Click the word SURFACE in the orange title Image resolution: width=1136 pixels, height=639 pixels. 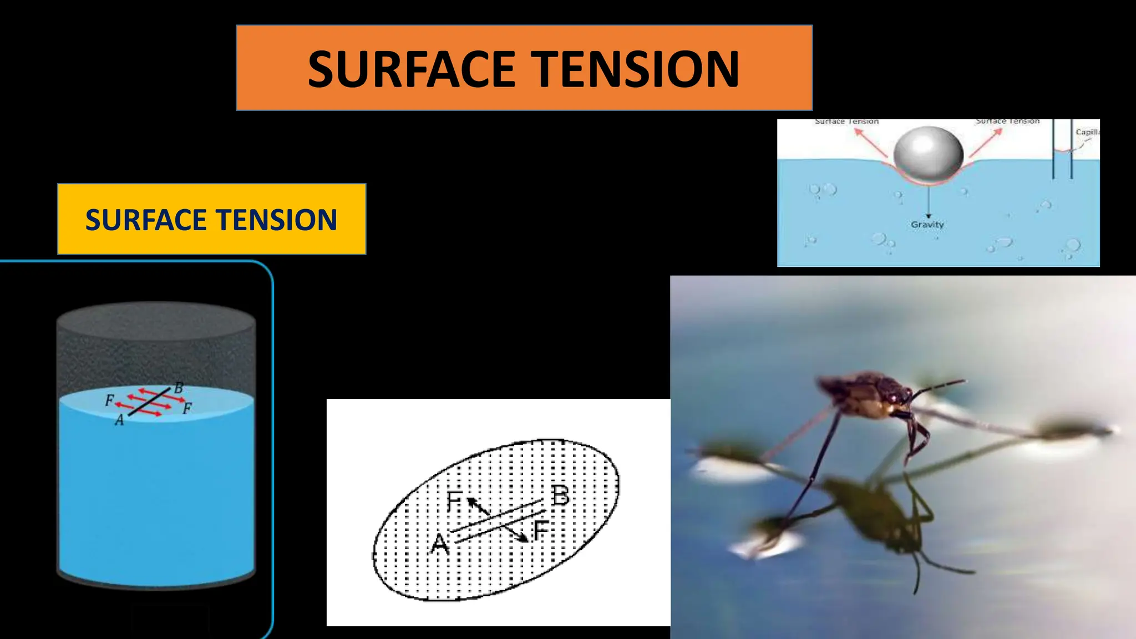coord(412,69)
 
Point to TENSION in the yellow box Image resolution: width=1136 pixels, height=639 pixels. coord(282,220)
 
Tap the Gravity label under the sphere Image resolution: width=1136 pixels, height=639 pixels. coord(927,225)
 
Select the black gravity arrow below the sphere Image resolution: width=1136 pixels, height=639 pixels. coord(928,203)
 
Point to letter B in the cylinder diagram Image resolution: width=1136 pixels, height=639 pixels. coord(179,388)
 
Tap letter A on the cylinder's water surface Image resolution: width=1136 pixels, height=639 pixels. coord(119,421)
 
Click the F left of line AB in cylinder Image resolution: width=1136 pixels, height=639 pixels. coord(109,400)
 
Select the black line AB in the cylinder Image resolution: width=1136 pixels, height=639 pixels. coord(149,402)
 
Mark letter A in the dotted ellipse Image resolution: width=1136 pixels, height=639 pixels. coord(440,544)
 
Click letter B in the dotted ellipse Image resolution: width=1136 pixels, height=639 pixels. coord(560,495)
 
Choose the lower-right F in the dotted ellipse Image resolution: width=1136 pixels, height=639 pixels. coord(541,531)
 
